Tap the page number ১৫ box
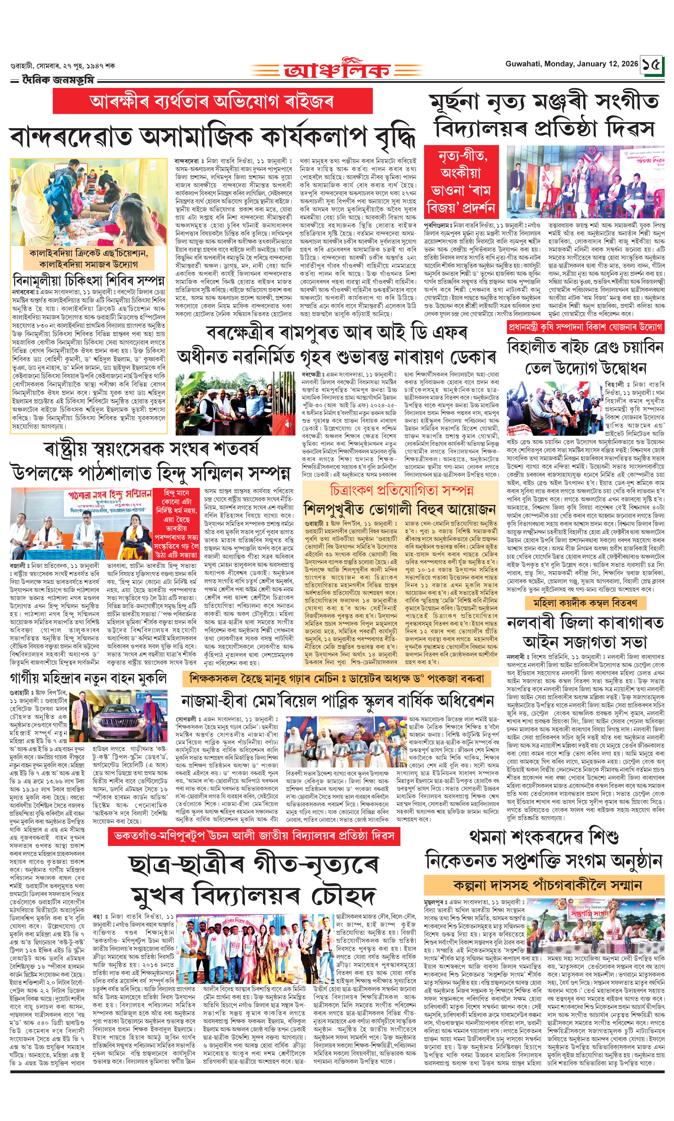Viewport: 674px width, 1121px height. pos(652,65)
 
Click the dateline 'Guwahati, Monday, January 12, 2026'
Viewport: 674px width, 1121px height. pos(571,64)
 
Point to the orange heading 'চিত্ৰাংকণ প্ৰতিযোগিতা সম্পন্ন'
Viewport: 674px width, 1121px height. pos(402,490)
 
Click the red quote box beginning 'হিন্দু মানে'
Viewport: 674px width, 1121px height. pos(181,524)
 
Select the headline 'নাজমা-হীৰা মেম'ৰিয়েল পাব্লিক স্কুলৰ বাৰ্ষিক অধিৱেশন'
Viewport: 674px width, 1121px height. pos(337,701)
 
